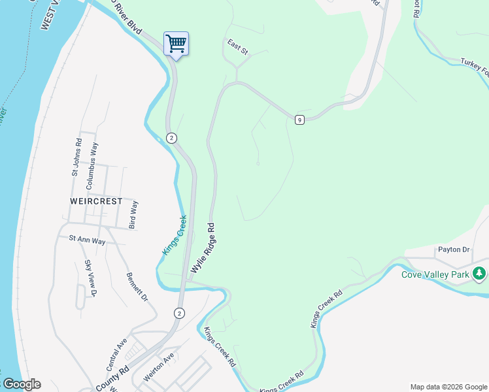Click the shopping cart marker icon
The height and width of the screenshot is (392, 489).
176,44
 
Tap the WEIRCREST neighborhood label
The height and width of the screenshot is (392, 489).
96,201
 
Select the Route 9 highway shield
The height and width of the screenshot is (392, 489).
299,120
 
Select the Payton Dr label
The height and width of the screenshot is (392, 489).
454,250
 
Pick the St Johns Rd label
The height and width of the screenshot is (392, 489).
77,157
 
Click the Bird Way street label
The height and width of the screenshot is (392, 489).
134,215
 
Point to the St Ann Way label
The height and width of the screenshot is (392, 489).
87,240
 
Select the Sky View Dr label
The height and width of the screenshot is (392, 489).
90,278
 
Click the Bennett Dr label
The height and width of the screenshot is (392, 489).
137,287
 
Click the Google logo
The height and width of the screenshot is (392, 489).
21,384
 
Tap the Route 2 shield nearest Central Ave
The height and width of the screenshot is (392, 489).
179,314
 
